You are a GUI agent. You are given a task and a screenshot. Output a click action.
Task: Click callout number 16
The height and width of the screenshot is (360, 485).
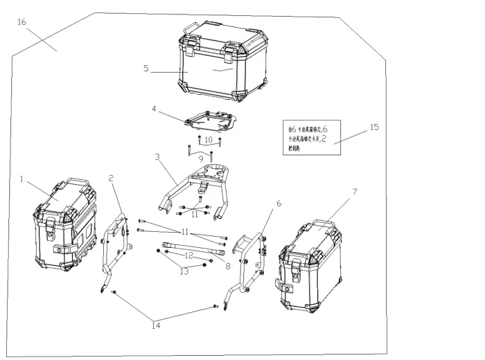(21, 22)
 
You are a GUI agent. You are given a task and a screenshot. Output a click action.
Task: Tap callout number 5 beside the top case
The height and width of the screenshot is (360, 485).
(146, 68)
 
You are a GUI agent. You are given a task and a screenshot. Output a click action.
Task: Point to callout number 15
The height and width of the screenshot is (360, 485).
(374, 127)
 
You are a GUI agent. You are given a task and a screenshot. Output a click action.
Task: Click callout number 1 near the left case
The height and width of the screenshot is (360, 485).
(23, 179)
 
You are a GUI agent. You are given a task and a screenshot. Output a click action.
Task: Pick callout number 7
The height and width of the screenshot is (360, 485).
(354, 190)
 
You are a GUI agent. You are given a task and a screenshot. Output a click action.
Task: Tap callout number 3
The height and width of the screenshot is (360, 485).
(158, 157)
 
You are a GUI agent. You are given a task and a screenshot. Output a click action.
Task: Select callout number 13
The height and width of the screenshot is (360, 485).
(184, 271)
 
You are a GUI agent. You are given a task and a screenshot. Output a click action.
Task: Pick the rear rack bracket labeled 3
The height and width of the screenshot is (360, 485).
(201, 184)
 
